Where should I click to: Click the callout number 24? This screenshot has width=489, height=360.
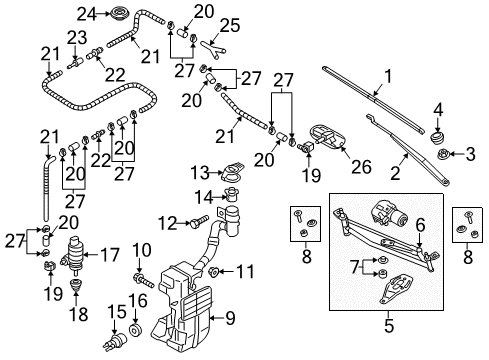pyautogui.click(x=87, y=14)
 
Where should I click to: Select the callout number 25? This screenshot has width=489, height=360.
pyautogui.click(x=230, y=25)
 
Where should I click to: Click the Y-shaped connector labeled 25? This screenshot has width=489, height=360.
pyautogui.click(x=213, y=49)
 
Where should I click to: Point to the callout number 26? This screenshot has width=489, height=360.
pyautogui.click(x=362, y=166)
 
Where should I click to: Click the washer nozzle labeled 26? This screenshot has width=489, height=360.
pyautogui.click(x=328, y=136)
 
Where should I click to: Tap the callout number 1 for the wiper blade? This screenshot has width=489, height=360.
pyautogui.click(x=388, y=76)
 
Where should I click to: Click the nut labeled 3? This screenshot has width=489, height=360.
pyautogui.click(x=443, y=154)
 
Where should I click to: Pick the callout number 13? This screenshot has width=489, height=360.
pyautogui.click(x=200, y=173)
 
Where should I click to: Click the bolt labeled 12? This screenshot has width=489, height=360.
pyautogui.click(x=199, y=221)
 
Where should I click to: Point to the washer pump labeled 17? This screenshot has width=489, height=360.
pyautogui.click(x=73, y=255)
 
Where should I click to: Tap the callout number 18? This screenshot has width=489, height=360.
pyautogui.click(x=79, y=314)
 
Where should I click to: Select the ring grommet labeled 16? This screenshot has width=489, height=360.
pyautogui.click(x=136, y=329)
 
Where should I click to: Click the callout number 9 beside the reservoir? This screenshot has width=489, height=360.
pyautogui.click(x=230, y=318)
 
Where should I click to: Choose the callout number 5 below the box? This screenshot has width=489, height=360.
pyautogui.click(x=389, y=325)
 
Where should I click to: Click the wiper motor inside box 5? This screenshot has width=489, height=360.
pyautogui.click(x=389, y=214)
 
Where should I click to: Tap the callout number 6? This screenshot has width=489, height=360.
pyautogui.click(x=420, y=225)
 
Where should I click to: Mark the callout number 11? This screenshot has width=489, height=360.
pyautogui.click(x=245, y=271)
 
